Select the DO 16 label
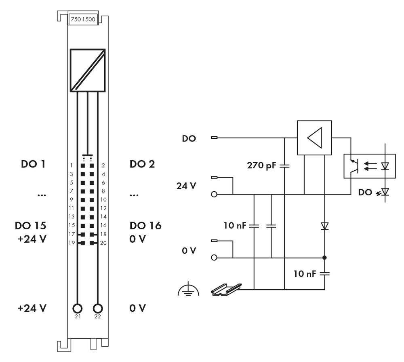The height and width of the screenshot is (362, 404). tap(145, 226)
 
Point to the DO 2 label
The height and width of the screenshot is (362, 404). tap(142, 164)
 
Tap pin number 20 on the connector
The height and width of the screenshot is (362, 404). tap(103, 243)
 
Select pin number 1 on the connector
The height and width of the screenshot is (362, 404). tap(72, 165)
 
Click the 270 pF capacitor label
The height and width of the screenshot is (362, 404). tap(261, 165)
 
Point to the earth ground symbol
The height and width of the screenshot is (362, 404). tap(188, 289)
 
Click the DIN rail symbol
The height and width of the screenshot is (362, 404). tap(226, 289)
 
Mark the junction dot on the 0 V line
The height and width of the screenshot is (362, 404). tap(325, 257)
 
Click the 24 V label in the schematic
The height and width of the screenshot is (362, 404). tap(186, 187)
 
